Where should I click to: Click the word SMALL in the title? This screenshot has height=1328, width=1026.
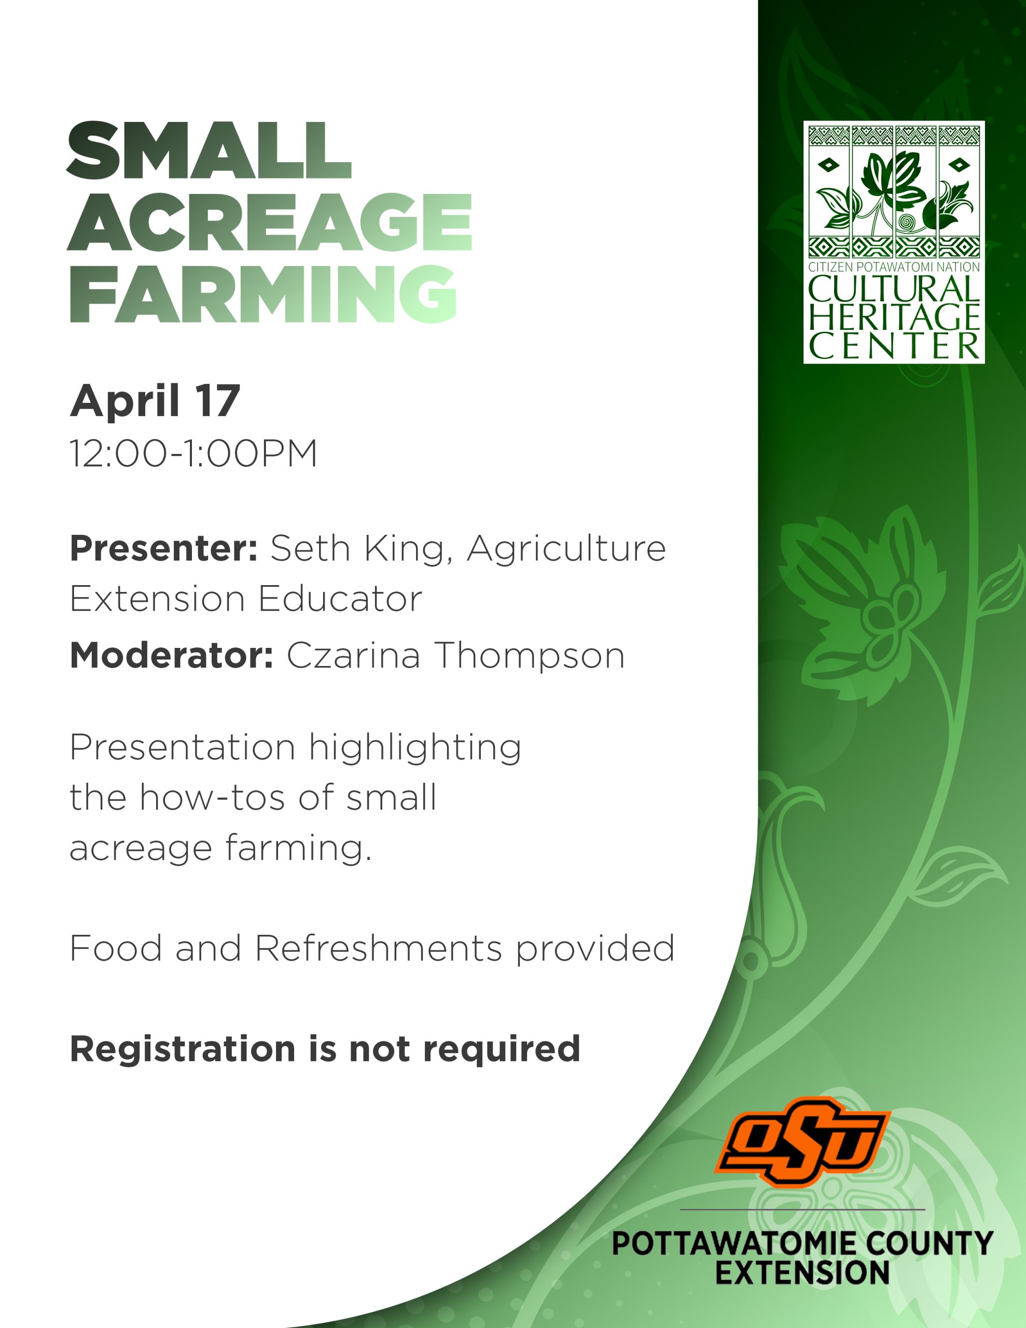pos(209,150)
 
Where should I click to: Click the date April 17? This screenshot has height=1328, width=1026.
pos(155,402)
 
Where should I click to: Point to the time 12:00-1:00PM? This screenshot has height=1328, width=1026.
pos(193,453)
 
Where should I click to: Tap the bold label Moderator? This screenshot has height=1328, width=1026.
pos(172,656)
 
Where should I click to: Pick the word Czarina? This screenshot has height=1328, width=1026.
pos(353,656)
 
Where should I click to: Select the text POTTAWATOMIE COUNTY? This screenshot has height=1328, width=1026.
pos(802,1243)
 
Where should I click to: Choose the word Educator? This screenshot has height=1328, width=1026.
pos(340,600)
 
